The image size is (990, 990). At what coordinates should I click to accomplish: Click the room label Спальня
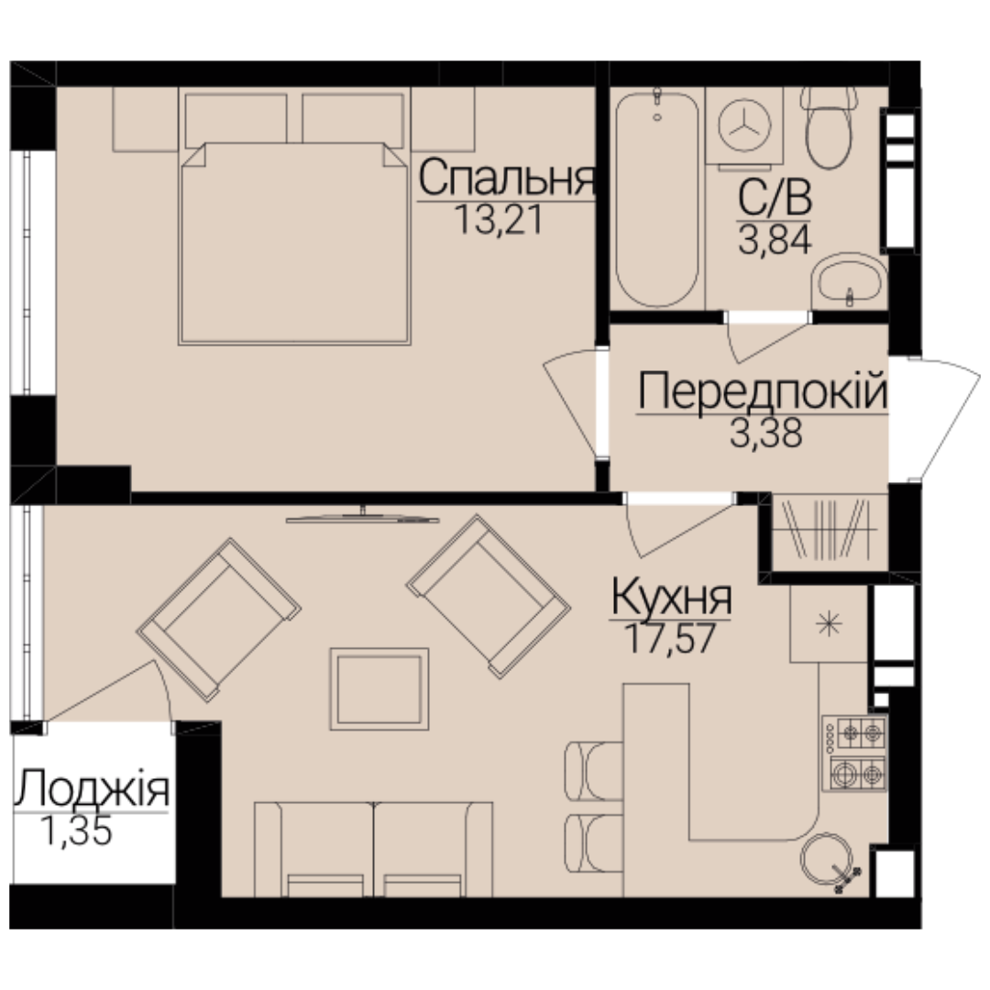coord(506,178)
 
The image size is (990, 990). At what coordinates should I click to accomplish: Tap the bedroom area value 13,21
coord(498,220)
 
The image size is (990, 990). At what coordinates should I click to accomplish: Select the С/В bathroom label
coord(775,198)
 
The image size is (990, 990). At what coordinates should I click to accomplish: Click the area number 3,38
coord(765,433)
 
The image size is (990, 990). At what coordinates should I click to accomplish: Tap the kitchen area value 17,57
coord(669,638)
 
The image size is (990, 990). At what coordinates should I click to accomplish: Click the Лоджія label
coord(93,788)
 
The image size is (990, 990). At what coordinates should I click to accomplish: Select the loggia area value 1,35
coord(76,830)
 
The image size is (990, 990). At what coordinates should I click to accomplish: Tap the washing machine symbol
coord(744,125)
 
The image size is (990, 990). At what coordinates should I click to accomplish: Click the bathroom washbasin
coord(849,280)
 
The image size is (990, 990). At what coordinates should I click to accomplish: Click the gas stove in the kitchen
coord(854,753)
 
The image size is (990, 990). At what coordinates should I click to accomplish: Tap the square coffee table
coord(379,688)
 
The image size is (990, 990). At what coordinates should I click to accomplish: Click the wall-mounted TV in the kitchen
coord(362,518)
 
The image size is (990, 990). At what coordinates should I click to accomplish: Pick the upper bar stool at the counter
coord(593,771)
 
